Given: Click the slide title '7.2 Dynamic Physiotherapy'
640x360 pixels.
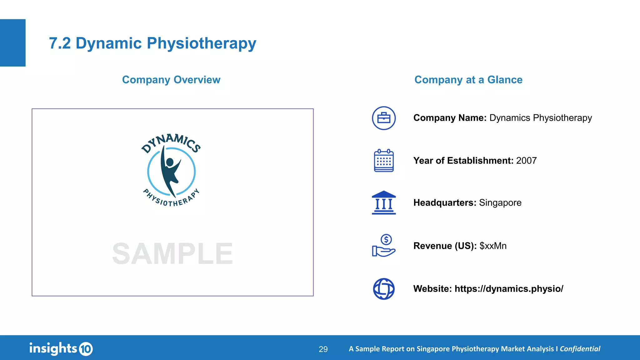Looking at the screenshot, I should click(x=152, y=43).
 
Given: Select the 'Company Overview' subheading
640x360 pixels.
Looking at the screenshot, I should click(x=171, y=80).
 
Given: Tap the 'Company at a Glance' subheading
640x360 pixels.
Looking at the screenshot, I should click(x=468, y=80).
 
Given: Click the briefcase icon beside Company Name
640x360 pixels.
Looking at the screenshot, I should click(x=384, y=118).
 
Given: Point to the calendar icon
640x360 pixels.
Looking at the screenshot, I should click(x=384, y=161).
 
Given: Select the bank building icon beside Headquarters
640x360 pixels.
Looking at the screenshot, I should click(x=384, y=202).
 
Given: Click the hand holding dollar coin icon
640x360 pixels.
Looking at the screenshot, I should click(x=384, y=246).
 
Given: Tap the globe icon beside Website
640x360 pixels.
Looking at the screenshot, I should click(x=384, y=289).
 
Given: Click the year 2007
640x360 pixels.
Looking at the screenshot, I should click(x=526, y=161).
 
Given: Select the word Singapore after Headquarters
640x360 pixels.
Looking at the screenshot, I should click(x=500, y=203).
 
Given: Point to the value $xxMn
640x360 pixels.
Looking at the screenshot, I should click(x=493, y=246).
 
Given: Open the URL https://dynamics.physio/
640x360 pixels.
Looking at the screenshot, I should click(x=509, y=289).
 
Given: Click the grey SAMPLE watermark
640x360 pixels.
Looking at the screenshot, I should click(x=172, y=254).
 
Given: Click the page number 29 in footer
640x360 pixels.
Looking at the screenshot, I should click(x=323, y=349).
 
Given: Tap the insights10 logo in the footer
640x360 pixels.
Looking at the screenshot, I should click(x=61, y=348).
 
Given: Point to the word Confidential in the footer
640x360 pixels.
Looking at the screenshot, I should click(x=580, y=349).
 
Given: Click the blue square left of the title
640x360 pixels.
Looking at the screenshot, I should click(x=12, y=43).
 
